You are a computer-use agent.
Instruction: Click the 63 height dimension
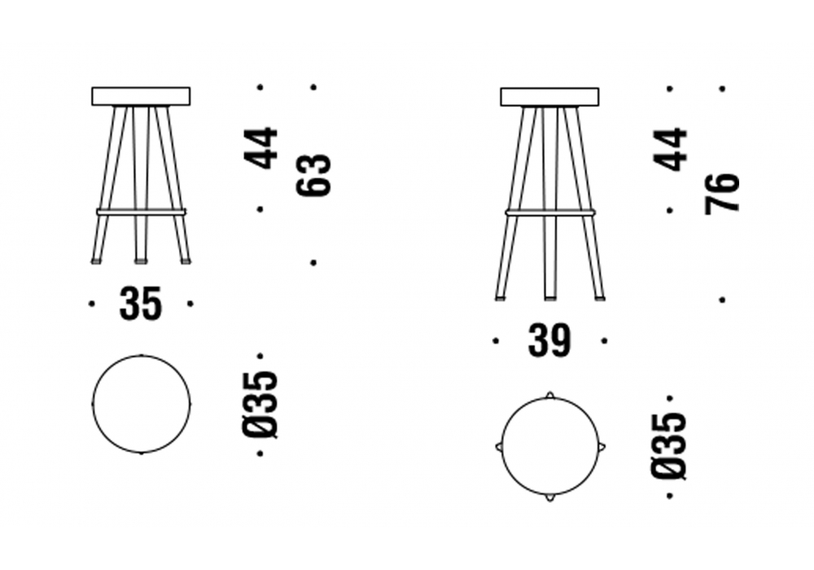coord(313,175)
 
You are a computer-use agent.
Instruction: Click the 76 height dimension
coord(722,193)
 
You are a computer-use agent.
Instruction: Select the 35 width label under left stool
coord(141,304)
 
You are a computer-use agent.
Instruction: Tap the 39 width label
coord(549,341)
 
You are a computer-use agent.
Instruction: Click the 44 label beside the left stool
coord(261,147)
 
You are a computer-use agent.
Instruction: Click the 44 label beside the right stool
coord(670,150)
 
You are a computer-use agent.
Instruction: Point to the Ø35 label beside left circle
coord(261,405)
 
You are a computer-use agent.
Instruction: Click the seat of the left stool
coord(141,96)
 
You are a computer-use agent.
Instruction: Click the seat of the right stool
coord(549,97)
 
